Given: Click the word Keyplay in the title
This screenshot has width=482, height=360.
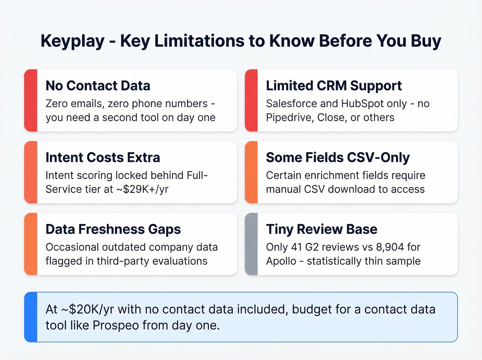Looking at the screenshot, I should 72,41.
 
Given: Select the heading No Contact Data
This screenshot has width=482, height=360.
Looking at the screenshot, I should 98,86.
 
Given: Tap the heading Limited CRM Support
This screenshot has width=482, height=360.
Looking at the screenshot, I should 334,86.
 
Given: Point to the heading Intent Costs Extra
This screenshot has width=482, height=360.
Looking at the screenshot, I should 103,157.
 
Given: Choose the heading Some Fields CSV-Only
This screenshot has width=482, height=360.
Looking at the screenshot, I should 338,157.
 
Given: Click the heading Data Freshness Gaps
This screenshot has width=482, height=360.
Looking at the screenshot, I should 113,229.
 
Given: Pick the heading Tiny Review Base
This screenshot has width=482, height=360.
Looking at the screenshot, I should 322,229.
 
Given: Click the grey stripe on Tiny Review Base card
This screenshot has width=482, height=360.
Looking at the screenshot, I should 251,244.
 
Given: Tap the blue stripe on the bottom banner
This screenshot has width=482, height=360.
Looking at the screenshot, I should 31,317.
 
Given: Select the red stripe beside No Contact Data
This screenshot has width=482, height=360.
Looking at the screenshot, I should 31,100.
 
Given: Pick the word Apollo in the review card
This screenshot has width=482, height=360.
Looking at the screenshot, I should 281,261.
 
